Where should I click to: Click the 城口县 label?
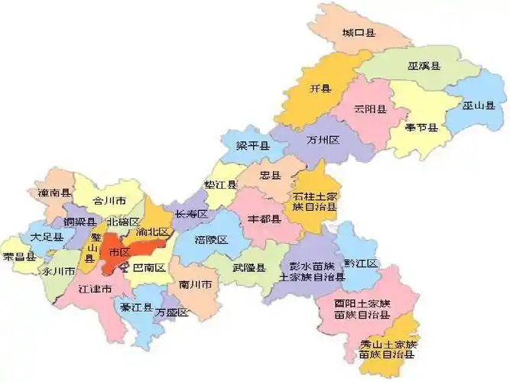click(359, 33)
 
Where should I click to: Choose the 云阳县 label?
click(370, 109)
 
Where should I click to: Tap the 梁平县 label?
click(252, 145)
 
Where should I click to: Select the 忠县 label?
click(271, 175)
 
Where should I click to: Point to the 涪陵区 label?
click(212, 239)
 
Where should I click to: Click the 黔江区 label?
click(360, 264)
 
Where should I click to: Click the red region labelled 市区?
click(119, 252)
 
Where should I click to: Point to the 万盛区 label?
click(171, 312)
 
